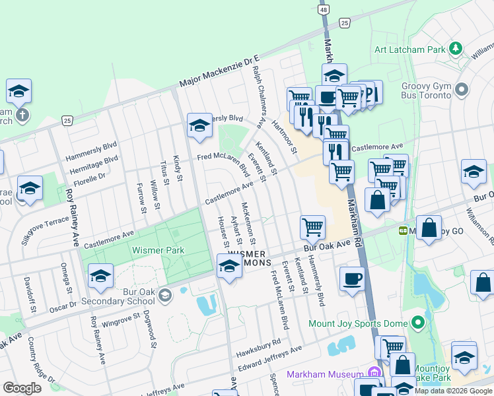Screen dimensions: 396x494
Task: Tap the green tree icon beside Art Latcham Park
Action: tap(454, 48)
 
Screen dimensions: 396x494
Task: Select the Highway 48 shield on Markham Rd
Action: tap(323, 10)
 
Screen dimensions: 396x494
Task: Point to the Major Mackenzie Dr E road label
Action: tap(221, 73)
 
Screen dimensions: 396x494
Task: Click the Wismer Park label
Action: tap(158, 250)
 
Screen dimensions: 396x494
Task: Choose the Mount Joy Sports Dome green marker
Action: tap(417, 323)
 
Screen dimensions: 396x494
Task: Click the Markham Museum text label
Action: tap(325, 374)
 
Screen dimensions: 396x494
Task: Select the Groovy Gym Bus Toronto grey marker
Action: tap(462, 88)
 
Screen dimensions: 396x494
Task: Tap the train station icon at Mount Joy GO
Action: tap(402, 231)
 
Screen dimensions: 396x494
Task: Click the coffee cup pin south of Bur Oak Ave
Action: tap(352, 277)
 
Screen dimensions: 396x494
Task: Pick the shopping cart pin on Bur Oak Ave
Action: tap(312, 226)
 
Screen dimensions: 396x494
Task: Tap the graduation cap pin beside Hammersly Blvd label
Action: tap(199, 125)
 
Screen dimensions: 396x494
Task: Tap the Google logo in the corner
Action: tap(22, 388)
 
